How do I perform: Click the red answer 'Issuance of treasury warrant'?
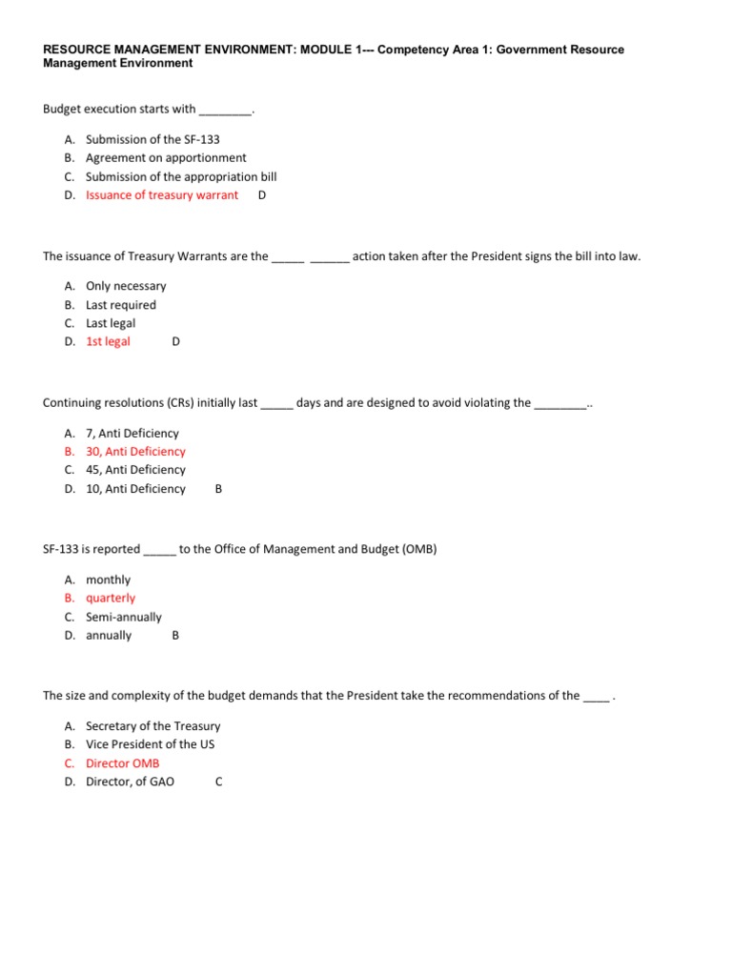coord(162,195)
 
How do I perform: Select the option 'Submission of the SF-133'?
coord(152,139)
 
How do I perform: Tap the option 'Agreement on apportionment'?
coord(166,158)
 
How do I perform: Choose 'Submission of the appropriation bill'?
coord(181,176)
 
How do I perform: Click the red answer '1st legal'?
coord(108,341)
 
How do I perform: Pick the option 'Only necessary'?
coord(126,286)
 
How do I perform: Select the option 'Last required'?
coord(121,305)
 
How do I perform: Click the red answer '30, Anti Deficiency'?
coord(135,452)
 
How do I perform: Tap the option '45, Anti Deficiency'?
coord(135,470)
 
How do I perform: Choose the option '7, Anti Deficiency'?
coord(132,434)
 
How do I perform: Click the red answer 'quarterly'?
coord(111,599)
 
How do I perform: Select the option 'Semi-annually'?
coord(124,617)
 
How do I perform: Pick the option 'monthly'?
coord(108,579)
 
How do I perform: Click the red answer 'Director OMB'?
coord(123,763)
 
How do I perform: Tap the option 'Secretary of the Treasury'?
coord(152,726)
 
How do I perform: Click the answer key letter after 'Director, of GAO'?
coord(219,783)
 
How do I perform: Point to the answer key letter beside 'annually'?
coord(175,636)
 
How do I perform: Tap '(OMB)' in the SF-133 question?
coord(416,549)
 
